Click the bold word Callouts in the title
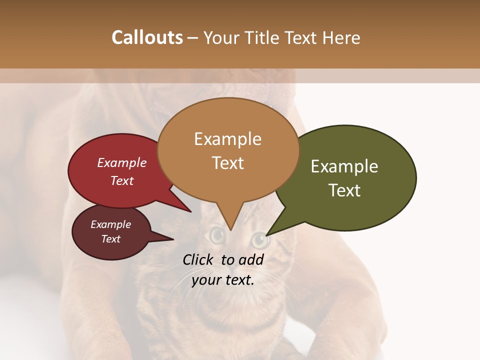click(147, 37)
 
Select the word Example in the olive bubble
click(344, 166)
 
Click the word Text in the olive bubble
click(344, 190)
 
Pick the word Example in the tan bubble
click(227, 139)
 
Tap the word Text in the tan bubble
click(227, 162)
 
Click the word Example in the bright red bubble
click(122, 162)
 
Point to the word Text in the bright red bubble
click(122, 180)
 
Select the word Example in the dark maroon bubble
click(110, 224)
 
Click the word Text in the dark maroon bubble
click(110, 239)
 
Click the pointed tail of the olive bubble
click(267, 234)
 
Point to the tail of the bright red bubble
click(190, 211)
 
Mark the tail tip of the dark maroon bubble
click(172, 239)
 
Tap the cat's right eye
click(259, 240)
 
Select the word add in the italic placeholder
click(251, 259)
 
